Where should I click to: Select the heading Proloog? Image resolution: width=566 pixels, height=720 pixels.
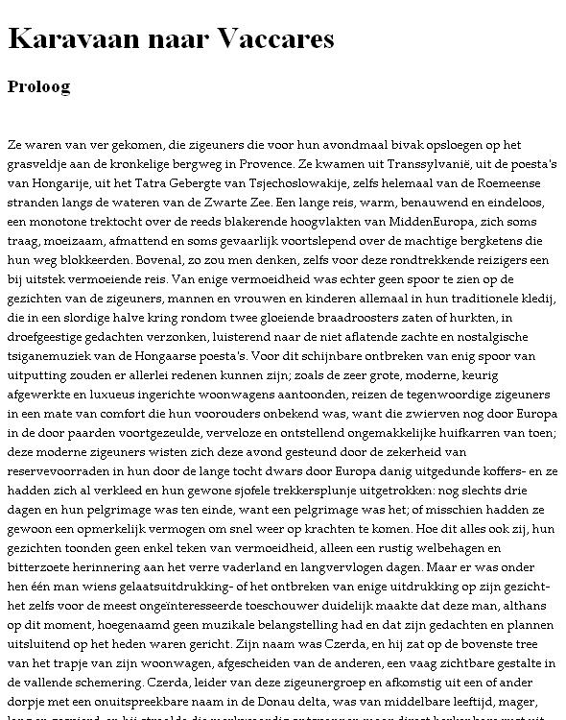pyautogui.click(x=38, y=86)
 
